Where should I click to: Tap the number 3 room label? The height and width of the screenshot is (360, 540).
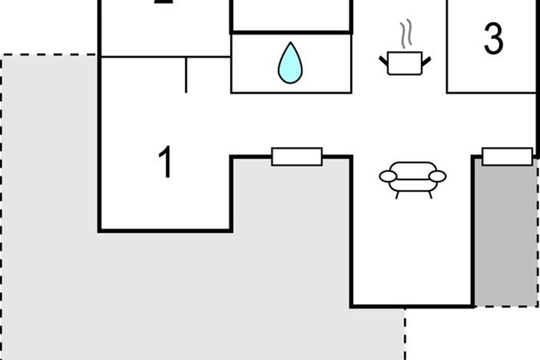[493, 39]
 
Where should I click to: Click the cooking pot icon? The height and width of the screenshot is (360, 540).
[405, 63]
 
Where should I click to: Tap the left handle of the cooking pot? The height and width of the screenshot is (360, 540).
[383, 60]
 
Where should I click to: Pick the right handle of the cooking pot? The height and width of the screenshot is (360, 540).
[426, 60]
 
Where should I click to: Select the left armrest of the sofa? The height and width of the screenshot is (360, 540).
[388, 176]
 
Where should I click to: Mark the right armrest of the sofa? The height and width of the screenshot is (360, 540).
[437, 176]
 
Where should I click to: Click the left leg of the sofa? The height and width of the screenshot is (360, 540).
[397, 194]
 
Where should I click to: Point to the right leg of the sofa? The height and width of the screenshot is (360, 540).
[430, 194]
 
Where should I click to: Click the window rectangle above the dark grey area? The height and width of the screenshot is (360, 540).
[507, 156]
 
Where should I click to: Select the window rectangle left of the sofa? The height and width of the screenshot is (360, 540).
[297, 157]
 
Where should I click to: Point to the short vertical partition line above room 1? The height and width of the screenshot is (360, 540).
[186, 75]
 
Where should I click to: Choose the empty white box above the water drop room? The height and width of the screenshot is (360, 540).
[291, 14]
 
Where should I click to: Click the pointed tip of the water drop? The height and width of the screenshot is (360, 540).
[290, 44]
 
